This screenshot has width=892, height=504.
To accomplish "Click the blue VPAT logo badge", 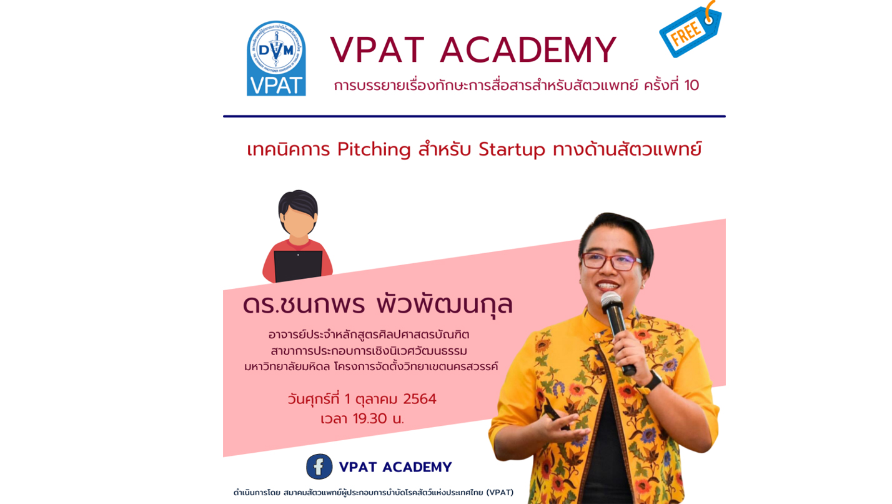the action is click(276, 58).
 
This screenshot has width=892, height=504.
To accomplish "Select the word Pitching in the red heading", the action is click(374, 150).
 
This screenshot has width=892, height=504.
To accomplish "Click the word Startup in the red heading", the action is click(512, 150).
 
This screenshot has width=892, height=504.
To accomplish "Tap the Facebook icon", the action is click(319, 466).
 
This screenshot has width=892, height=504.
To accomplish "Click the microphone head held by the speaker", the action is click(612, 303).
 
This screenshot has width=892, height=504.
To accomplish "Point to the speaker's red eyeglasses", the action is click(612, 261).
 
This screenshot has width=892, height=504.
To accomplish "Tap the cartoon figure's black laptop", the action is click(298, 266).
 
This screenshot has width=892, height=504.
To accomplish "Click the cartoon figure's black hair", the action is click(298, 205).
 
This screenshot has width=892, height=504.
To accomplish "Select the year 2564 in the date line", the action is click(420, 399).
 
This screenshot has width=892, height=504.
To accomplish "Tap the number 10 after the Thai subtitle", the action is click(691, 85).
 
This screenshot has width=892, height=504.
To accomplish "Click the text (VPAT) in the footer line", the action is click(500, 493).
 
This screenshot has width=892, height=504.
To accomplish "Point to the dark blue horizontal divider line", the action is click(474, 116).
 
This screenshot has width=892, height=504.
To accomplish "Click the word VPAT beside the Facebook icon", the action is click(357, 467).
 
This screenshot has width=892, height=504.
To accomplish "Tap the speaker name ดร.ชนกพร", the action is click(304, 305).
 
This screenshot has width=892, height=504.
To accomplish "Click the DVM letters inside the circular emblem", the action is click(276, 50).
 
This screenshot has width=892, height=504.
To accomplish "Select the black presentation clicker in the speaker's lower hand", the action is click(555, 416).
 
